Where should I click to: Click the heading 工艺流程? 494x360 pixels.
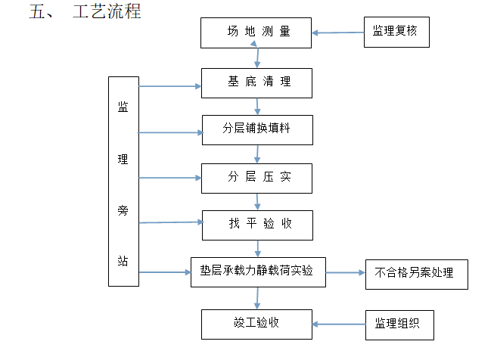coord(107,12)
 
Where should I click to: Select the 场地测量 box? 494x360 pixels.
coord(256,33)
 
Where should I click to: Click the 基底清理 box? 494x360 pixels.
coord(256,82)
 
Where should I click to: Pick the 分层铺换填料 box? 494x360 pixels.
coord(256,129)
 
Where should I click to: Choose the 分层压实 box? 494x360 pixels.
coord(256,178)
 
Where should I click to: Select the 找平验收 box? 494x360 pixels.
coord(256,225)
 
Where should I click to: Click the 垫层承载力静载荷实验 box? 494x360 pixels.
coord(257,272)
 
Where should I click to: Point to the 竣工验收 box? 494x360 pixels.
coord(256,323)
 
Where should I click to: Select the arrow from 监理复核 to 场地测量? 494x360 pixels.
coord(338,33)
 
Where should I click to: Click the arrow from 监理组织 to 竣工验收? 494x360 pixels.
coord(339,324)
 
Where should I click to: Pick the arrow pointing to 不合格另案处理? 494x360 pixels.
coord(345,272)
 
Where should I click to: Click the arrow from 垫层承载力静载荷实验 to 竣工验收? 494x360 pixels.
coord(259,297)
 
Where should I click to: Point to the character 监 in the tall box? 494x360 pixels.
coord(123,106)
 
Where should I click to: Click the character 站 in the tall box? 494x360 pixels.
coord(123,261)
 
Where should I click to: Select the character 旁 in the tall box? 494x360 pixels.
coord(123,209)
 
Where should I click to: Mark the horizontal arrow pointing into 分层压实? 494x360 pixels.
coord(170,178)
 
